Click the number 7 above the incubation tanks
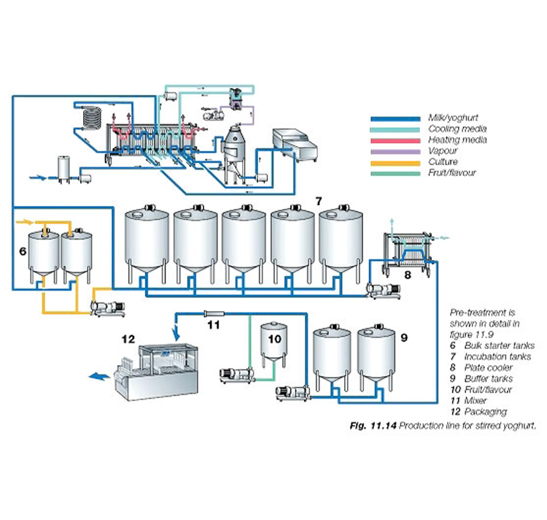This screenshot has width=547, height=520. pyautogui.click(x=318, y=201)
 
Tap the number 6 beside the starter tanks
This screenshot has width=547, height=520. pyautogui.click(x=23, y=251)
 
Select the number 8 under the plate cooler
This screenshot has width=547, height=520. pyautogui.click(x=408, y=275)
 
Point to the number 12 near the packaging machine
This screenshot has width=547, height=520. pyautogui.click(x=128, y=339)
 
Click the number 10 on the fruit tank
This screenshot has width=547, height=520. pyautogui.click(x=274, y=339)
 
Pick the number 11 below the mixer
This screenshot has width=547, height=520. pyautogui.click(x=214, y=325)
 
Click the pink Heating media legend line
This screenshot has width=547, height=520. pyautogui.click(x=395, y=141)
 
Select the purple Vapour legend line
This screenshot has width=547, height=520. pyautogui.click(x=395, y=152)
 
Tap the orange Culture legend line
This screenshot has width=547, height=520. pyautogui.click(x=395, y=163)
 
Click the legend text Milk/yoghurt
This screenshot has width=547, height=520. pyautogui.click(x=453, y=118)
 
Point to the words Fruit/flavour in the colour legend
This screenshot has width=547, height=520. pyautogui.click(x=452, y=173)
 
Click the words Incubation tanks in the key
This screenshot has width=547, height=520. pyautogui.click(x=497, y=356)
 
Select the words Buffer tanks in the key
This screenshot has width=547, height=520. pyautogui.click(x=489, y=378)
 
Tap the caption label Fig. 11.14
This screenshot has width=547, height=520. pyautogui.click(x=373, y=426)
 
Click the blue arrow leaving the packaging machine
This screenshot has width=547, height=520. pyautogui.click(x=99, y=376)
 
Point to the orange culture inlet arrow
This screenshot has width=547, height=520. pyautogui.click(x=24, y=221)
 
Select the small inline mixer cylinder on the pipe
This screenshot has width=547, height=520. pyautogui.click(x=214, y=313)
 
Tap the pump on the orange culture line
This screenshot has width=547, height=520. pyautogui.click(x=107, y=308)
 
